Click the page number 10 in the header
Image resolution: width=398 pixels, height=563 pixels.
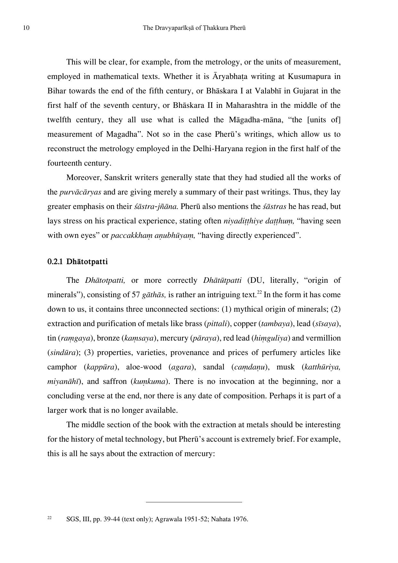(26, 28)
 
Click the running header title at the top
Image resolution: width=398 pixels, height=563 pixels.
(194, 28)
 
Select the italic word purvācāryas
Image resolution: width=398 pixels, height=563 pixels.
(80, 192)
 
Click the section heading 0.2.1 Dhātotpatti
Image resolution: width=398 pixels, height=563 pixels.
(78, 262)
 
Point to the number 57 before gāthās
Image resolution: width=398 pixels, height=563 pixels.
(136, 295)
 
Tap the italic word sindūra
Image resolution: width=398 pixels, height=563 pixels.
(62, 352)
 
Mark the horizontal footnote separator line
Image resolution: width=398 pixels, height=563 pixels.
(194, 502)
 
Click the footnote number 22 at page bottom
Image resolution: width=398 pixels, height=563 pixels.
(50, 517)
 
